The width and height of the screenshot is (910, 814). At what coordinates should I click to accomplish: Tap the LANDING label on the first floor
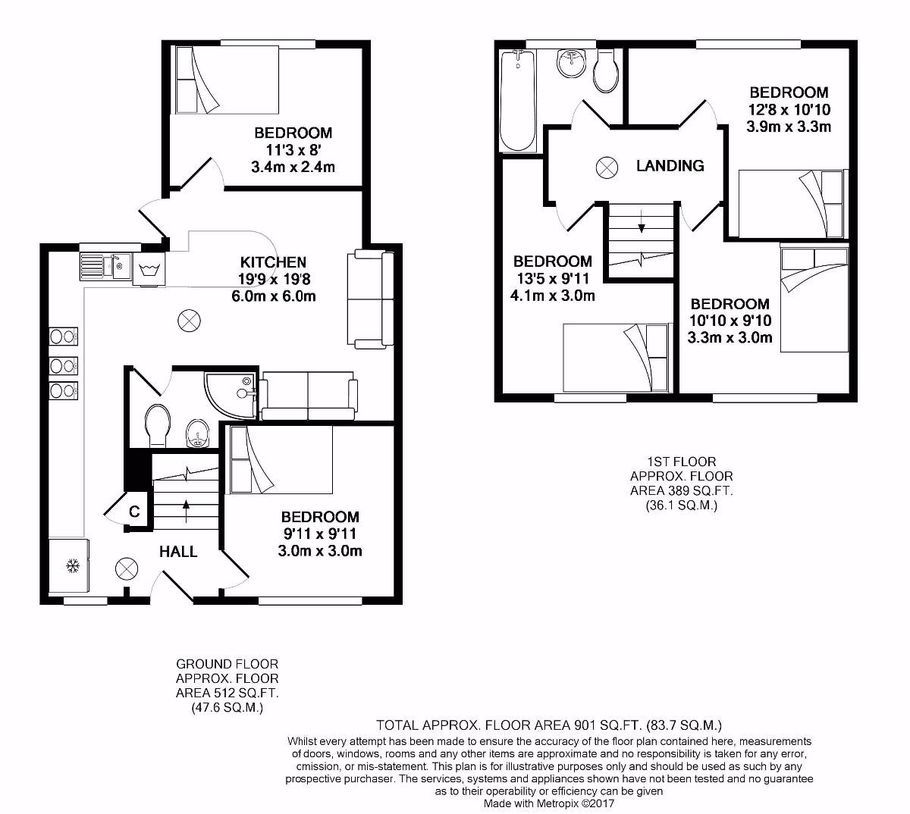[x=669, y=165]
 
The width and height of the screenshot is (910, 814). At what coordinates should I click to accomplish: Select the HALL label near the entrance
[x=178, y=551]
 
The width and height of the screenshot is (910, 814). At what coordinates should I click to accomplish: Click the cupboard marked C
[x=133, y=512]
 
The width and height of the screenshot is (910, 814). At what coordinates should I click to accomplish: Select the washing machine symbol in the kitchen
[x=149, y=270]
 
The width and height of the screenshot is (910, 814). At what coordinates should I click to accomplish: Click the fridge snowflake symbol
[x=73, y=565]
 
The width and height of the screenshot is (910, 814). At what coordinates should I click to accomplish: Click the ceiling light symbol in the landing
[x=607, y=167]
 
